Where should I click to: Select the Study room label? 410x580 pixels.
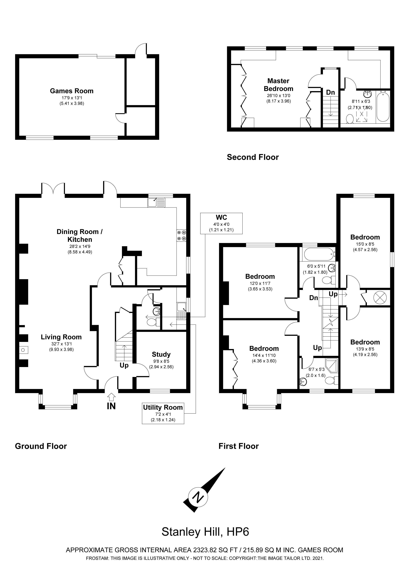[x=161, y=354]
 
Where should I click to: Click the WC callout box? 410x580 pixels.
[x=221, y=223]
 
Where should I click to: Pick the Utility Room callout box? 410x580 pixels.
[x=163, y=413]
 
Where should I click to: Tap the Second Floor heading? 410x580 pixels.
[x=253, y=157]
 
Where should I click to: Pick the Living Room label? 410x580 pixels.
[x=61, y=337]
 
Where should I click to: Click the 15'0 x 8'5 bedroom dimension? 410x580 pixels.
[x=365, y=244]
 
